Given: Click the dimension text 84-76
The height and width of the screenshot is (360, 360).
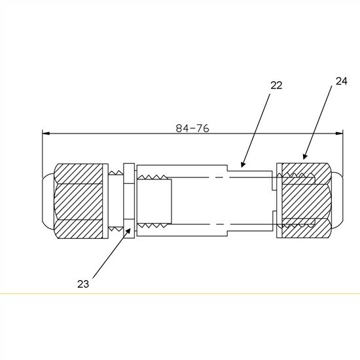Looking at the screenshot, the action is (x=192, y=128).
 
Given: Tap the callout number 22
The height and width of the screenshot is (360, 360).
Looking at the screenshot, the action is (x=276, y=85).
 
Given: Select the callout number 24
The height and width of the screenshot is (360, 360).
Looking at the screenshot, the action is (x=342, y=81).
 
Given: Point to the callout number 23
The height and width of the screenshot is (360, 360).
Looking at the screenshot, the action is (x=83, y=284).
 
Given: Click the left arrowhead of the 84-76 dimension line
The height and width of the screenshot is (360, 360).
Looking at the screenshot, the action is (x=46, y=134).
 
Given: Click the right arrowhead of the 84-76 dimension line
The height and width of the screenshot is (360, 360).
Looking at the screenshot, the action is (x=339, y=134).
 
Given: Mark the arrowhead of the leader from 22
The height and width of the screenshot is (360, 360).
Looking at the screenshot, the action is (x=243, y=164).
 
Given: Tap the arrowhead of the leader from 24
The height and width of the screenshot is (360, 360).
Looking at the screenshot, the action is (x=304, y=156).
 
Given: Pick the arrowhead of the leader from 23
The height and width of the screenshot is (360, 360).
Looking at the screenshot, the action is (x=128, y=232).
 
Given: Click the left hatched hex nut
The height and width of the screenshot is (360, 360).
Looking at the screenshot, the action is (x=79, y=201).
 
